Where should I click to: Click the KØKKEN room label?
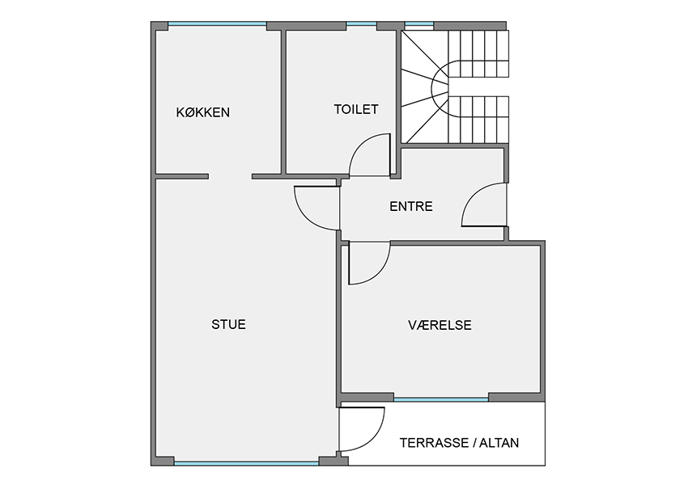tap(202, 112)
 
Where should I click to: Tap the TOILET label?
tap(356, 109)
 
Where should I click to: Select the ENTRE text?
tap(411, 206)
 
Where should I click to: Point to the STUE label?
tap(228, 324)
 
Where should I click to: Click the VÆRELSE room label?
tap(440, 325)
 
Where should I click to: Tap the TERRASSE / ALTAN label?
tap(459, 443)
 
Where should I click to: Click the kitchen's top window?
tap(217, 24)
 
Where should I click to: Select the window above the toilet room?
tap(362, 24)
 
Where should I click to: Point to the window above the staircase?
tap(419, 24)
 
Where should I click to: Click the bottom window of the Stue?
tap(247, 462)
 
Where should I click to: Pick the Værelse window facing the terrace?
tap(441, 399)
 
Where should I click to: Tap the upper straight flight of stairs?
tap(478, 53)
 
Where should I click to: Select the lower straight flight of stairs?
tap(478, 120)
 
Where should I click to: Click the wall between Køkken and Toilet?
tap(283, 102)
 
